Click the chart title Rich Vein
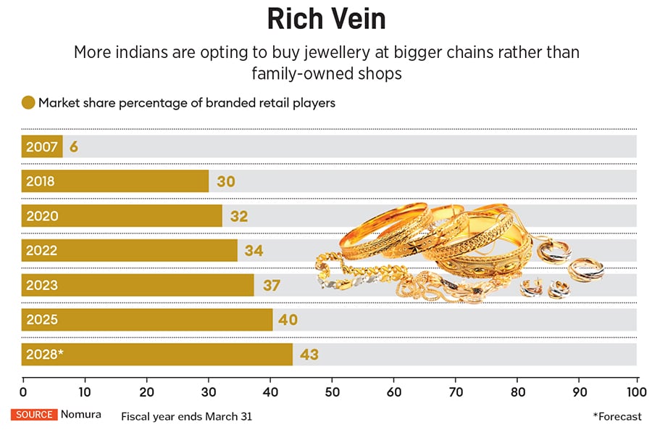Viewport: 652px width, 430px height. point(325,20)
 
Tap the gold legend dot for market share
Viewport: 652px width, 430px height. point(28,103)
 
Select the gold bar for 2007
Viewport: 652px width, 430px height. point(41,146)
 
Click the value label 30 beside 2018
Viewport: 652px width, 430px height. point(226,181)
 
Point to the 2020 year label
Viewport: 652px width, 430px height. point(41,216)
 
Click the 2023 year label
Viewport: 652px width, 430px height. point(41,285)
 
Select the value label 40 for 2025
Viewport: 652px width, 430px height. point(288,320)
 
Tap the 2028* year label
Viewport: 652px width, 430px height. point(45,355)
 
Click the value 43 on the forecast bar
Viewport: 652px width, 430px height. point(309,355)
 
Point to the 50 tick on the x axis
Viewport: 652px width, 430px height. point(333,392)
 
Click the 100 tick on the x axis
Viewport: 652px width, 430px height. point(637,392)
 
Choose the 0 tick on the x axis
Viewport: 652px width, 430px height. point(23,392)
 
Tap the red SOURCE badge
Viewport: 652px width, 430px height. point(33,415)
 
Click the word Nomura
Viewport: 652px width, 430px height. point(81,415)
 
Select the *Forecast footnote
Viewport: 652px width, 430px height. point(617,416)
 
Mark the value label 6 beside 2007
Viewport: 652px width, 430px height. point(73,146)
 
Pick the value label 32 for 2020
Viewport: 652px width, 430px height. point(240,216)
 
